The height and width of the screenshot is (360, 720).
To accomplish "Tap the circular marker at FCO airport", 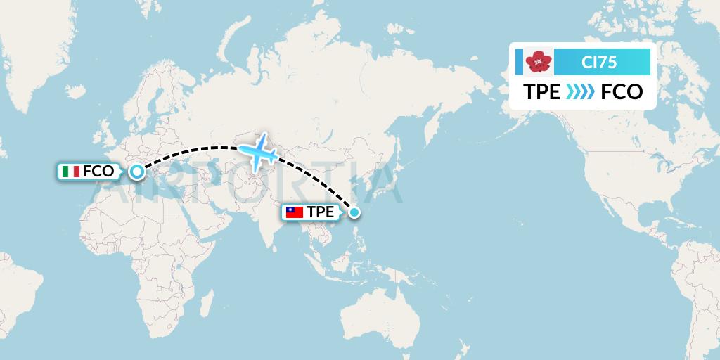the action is coord(136,171).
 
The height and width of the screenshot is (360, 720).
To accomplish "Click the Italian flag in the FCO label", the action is coord(71,171).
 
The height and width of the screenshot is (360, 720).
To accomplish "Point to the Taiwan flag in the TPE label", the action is coord(294,212).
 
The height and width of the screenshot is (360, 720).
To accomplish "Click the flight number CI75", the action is coord(599,63).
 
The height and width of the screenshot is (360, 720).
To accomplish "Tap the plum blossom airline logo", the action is coord(539,63).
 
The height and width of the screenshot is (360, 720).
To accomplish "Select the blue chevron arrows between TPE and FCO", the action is coord(580,92).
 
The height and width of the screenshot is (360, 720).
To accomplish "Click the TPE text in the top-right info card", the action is coord(541,92).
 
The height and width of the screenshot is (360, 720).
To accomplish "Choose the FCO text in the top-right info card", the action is coord(622,92).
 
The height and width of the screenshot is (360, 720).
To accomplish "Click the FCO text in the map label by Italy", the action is coord(98,171).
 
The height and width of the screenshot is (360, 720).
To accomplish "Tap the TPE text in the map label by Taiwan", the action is coord(321,212).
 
